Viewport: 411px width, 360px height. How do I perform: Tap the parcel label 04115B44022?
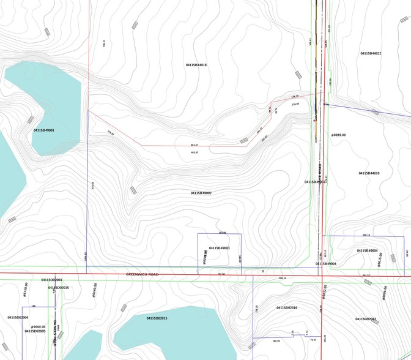(x=371, y=54)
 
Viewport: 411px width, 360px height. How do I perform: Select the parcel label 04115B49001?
(x=44, y=130)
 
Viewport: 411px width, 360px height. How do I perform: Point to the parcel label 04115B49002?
(x=201, y=193)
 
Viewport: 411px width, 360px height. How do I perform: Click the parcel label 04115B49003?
(x=219, y=248)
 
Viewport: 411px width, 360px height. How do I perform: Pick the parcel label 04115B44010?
(x=369, y=173)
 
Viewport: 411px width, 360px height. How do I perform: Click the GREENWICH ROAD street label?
(x=142, y=274)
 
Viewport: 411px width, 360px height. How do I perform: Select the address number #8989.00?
(x=338, y=135)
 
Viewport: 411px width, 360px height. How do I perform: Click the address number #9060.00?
(x=35, y=326)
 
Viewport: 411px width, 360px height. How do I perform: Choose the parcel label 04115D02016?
(x=286, y=307)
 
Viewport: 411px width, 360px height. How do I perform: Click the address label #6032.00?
(x=325, y=291)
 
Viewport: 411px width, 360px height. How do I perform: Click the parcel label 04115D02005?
(x=35, y=331)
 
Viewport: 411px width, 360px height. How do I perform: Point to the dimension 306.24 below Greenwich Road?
(x=282, y=279)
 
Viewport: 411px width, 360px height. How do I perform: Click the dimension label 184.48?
(x=276, y=341)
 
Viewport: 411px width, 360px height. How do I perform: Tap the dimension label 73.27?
(x=314, y=340)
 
